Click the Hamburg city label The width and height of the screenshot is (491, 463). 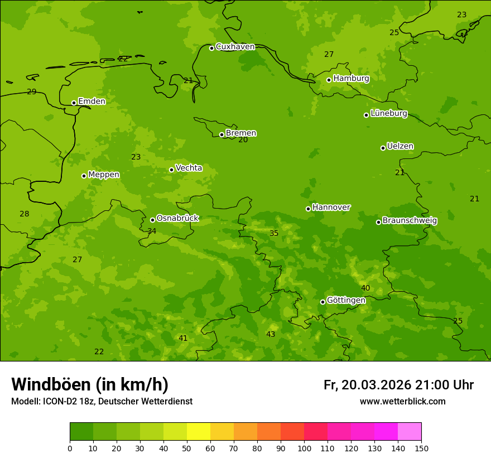[351, 79]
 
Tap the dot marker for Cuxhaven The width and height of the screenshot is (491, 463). [211, 48]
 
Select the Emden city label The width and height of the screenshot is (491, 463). [92, 102]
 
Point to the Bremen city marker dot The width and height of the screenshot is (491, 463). [222, 134]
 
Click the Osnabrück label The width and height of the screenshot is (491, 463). [177, 219]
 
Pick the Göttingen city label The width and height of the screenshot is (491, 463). [346, 301]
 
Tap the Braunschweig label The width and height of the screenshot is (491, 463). [410, 221]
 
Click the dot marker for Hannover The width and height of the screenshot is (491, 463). [308, 209]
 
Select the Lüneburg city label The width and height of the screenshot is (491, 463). [389, 114]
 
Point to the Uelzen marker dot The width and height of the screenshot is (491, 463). [383, 148]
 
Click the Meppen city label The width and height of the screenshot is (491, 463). [104, 175]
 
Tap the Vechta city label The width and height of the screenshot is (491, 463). [189, 168]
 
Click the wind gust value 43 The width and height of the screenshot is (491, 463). [271, 334]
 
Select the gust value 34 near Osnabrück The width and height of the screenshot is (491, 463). [152, 231]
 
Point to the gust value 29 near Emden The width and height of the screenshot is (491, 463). [32, 91]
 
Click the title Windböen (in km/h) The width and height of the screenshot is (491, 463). [90, 385]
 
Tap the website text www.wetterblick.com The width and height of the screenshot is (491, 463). [402, 402]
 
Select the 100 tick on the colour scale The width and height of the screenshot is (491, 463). [304, 448]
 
